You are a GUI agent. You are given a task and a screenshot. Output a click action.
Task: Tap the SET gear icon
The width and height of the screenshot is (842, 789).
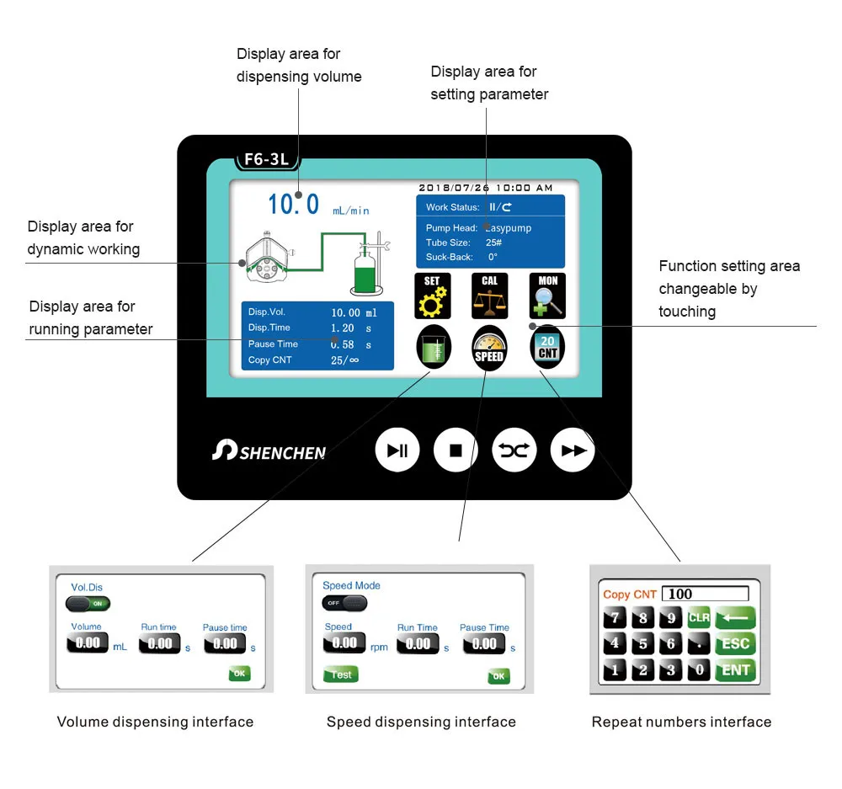[x=432, y=296]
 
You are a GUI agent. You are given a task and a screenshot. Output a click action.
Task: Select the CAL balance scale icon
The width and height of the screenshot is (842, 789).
[x=489, y=296]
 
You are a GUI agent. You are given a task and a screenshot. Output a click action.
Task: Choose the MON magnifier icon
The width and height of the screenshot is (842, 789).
[x=547, y=296]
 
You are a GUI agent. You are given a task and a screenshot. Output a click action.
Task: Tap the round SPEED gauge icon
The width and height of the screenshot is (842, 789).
[x=488, y=347]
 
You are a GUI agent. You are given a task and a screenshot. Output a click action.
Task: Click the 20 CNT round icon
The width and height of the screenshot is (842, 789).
[x=547, y=347]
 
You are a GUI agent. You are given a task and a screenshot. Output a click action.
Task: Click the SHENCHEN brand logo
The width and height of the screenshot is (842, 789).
[x=269, y=451]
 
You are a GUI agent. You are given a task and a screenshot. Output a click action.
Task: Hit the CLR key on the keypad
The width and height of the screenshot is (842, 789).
[x=699, y=617]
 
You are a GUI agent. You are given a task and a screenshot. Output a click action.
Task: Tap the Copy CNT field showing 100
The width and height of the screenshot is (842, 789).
[x=705, y=594]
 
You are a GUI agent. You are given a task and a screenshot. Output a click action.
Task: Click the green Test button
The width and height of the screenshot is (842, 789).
[x=341, y=674]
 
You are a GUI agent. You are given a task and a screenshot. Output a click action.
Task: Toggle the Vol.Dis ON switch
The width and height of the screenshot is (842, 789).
[x=88, y=603]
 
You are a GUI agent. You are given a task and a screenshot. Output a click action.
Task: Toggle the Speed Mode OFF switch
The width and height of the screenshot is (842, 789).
[x=344, y=603]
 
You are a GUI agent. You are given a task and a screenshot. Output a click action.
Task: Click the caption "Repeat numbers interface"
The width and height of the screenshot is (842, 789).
[x=681, y=722]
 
